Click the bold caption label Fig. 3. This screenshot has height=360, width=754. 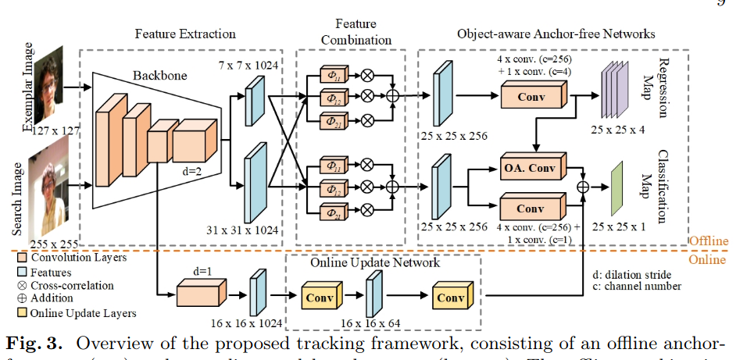click(x=37, y=344)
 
